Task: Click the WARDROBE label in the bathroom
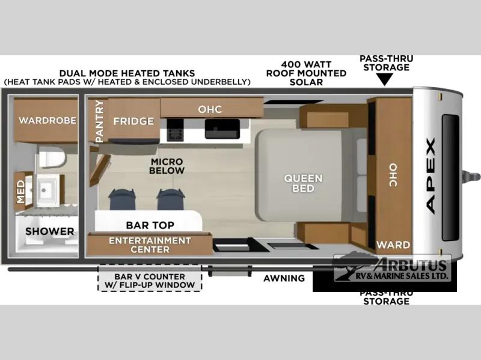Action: coord(47,120)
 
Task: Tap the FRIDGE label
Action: coord(133,121)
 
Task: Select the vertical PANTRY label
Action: coord(99,121)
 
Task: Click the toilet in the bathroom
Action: coord(52,157)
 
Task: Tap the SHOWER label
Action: coord(50,231)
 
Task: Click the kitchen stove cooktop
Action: coord(175,130)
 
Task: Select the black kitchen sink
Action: coord(222,129)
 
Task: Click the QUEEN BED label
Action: coord(303,183)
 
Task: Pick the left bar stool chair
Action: coord(122,200)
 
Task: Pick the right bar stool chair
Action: coord(171,200)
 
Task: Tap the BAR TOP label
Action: coord(150,225)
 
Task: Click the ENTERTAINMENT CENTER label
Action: coord(150,245)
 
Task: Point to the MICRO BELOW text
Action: coord(167,166)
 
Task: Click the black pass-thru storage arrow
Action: coord(385,80)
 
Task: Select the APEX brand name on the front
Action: coord(430,176)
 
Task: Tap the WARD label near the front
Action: coord(393,245)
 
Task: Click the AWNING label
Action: coord(284,278)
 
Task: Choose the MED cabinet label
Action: coord(20,192)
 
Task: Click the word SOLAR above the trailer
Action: coord(306,82)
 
